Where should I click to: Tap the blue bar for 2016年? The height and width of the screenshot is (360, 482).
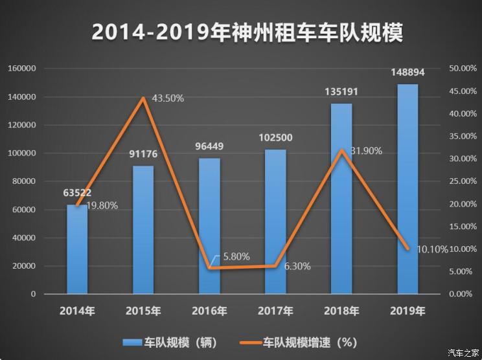click(209, 227)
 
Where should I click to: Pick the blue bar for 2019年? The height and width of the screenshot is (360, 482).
click(407, 194)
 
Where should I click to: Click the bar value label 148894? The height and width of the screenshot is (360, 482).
click(407, 73)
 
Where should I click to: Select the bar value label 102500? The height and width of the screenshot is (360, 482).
click(275, 139)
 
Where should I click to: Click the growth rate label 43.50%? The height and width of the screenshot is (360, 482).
click(168, 98)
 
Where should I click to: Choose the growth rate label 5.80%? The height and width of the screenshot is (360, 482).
click(236, 256)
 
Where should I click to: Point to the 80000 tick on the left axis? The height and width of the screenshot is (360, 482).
click(24, 181)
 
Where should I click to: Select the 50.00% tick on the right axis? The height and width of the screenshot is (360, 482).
click(463, 69)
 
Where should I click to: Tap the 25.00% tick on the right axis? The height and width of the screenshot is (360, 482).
click(463, 181)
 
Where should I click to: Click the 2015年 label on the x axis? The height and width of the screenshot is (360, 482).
click(143, 311)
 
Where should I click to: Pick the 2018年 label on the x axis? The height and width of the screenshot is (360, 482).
click(341, 311)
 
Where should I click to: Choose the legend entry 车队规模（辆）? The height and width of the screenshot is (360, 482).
click(170, 342)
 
